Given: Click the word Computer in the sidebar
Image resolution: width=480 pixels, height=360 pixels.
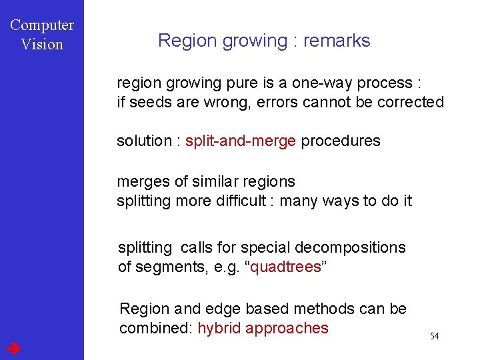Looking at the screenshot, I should (42, 25).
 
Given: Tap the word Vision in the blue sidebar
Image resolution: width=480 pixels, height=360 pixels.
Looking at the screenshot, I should (42, 45).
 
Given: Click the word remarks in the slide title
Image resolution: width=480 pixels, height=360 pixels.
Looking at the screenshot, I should (336, 41).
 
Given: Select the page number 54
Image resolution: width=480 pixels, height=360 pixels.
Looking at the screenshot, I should (434, 336).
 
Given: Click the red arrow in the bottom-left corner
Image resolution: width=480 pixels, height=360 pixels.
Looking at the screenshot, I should (13, 348).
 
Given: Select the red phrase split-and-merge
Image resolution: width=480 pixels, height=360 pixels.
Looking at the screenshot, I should (240, 141).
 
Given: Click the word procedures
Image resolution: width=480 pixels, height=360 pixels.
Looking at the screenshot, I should (341, 141).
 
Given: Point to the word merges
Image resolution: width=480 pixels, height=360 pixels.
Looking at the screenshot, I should (139, 182).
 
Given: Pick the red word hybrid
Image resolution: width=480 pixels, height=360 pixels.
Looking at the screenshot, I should (219, 328).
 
